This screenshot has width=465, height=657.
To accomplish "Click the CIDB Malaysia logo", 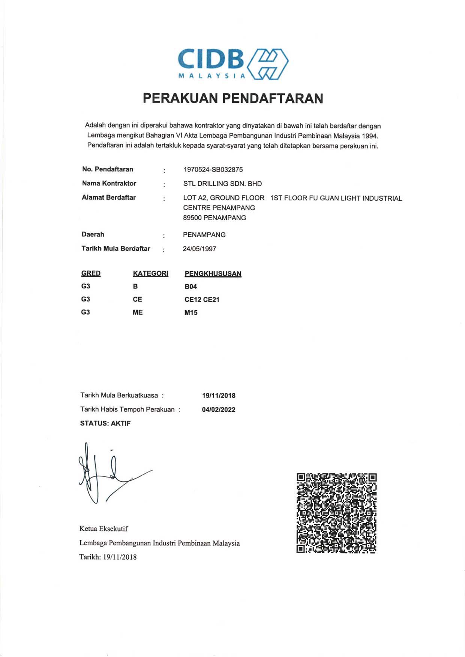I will (233, 63).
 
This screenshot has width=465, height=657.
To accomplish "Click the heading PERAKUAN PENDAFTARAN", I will (233, 98).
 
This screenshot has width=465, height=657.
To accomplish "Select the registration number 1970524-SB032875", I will (213, 170).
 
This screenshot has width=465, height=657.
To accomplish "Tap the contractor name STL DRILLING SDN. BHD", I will (222, 184).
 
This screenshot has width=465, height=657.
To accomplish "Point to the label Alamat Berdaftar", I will (109, 197).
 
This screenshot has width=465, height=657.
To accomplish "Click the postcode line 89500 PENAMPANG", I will (214, 218).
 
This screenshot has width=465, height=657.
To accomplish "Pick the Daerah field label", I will (93, 234).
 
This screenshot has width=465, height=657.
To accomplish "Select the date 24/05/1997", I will (199, 249).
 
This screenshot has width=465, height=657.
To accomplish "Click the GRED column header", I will (91, 273).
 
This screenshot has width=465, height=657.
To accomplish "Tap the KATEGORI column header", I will (150, 273).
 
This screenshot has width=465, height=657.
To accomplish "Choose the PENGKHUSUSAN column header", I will (213, 274).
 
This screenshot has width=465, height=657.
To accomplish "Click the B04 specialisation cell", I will (190, 287).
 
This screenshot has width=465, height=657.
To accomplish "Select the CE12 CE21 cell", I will (202, 300).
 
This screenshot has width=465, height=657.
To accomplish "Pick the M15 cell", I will (191, 312).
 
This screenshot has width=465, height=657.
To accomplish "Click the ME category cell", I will (138, 312).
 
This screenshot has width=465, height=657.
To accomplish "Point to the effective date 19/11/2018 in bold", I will (219, 396).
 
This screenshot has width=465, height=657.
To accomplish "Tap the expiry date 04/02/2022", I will (219, 410).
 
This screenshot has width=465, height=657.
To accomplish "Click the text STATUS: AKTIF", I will (105, 424).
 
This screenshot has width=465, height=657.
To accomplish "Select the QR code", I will (336, 513).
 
